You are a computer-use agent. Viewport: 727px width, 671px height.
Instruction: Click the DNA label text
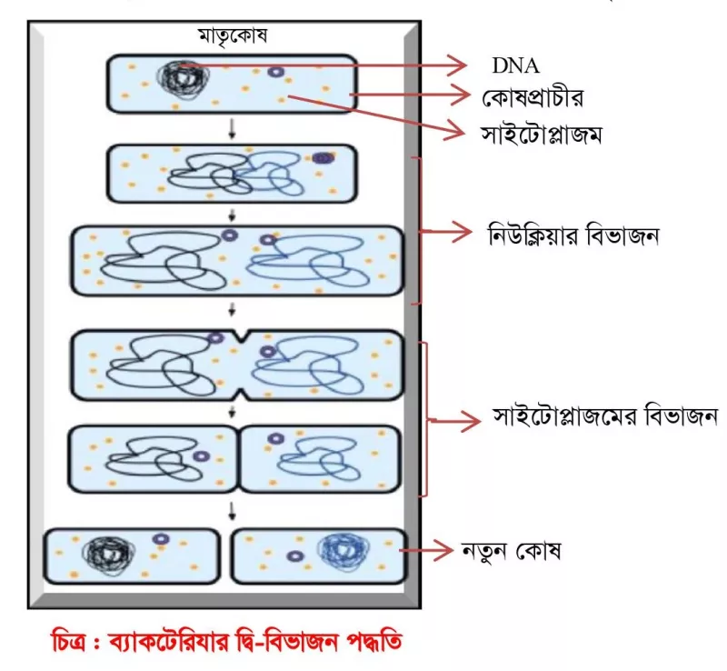(x=515, y=65)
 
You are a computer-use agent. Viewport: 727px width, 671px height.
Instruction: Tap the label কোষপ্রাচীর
(x=533, y=97)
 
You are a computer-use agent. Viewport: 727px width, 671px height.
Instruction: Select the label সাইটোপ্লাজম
(x=541, y=134)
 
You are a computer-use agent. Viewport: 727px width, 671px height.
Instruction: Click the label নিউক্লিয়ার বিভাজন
(x=573, y=235)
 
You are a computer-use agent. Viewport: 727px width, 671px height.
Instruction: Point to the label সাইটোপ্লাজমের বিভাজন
(x=605, y=416)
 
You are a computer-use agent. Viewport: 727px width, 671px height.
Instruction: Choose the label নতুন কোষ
(x=511, y=551)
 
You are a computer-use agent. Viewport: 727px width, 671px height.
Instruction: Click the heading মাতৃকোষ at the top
(x=233, y=35)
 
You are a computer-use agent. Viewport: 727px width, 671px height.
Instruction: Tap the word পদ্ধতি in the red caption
(x=373, y=642)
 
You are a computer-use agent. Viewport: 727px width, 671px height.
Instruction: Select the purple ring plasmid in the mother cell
(x=275, y=72)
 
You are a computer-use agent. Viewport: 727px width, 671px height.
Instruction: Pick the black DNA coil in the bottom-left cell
(x=108, y=554)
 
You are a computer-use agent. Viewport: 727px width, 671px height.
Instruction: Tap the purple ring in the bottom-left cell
(x=161, y=539)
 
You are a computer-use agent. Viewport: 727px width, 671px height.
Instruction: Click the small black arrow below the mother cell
(x=233, y=129)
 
